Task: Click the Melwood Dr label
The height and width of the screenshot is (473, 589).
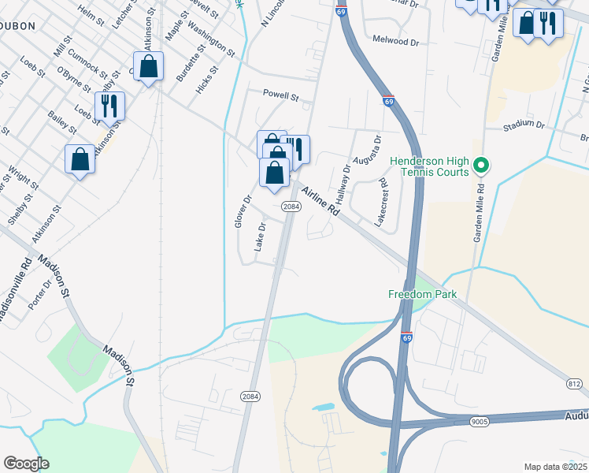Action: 397,41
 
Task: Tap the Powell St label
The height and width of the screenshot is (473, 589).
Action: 281,98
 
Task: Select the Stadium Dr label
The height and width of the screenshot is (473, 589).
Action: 524,125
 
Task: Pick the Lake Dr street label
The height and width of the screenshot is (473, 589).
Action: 261,236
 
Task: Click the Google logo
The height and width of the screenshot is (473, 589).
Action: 26,464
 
